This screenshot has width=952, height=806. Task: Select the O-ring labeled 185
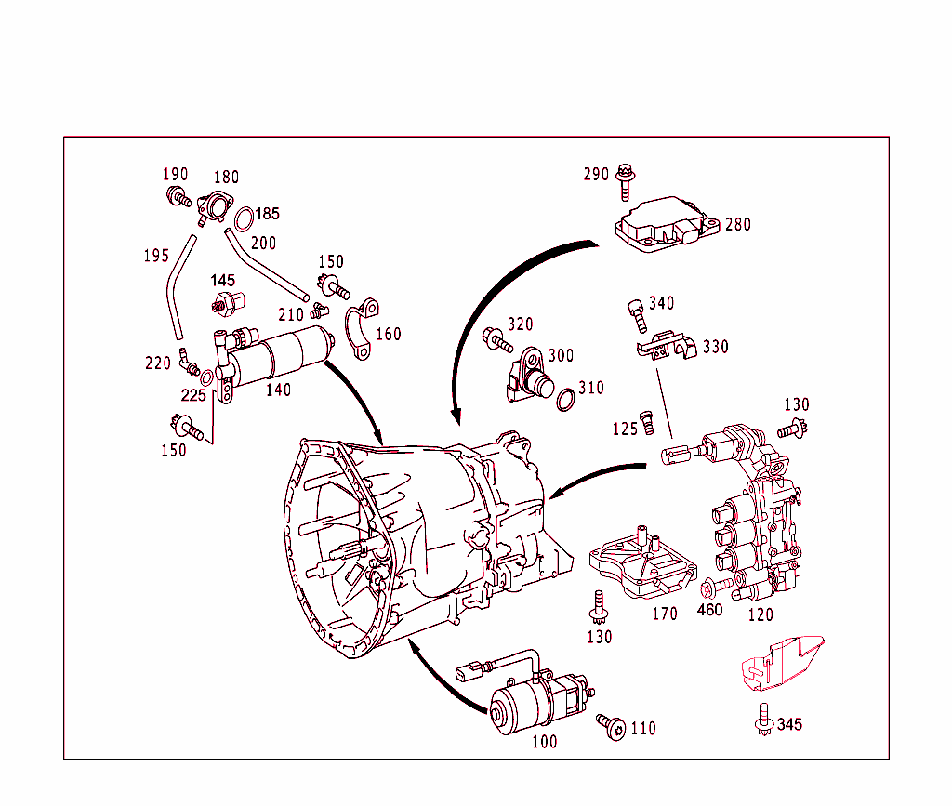pos(244,220)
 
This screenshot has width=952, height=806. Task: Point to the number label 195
pos(156,256)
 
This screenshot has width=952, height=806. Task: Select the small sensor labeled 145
pos(226,303)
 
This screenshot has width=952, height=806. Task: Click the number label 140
pos(278,390)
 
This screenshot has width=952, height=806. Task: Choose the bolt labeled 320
pos(496,340)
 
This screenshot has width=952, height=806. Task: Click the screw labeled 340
pos(638,311)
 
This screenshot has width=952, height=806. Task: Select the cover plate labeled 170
pos(644,563)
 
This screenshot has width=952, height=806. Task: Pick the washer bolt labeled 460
pos(710,588)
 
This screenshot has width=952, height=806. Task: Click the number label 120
pos(760,614)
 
